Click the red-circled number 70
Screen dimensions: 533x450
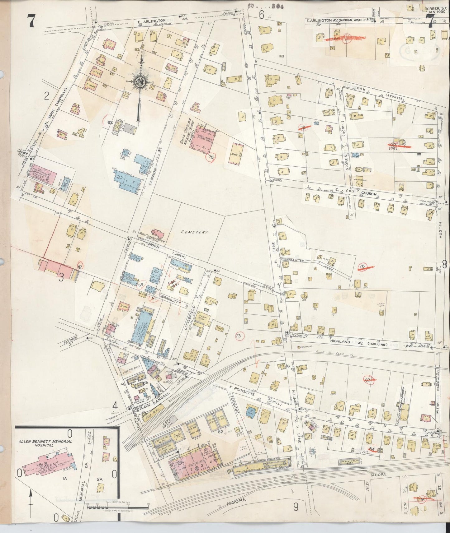pyautogui.click(x=211, y=158)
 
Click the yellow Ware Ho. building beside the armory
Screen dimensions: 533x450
pyautogui.click(x=236, y=154)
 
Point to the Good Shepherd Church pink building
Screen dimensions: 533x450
pyautogui.click(x=158, y=234)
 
